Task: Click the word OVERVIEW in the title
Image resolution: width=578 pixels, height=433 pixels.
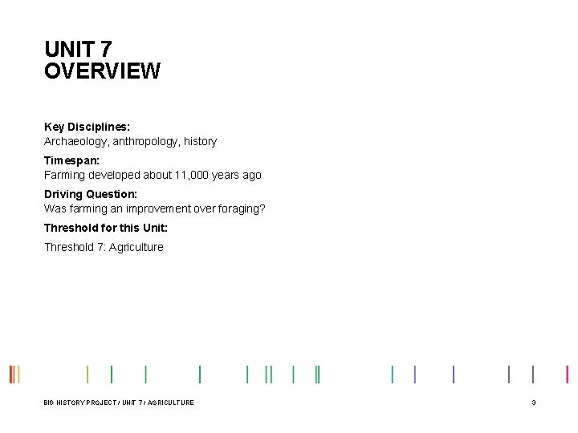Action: (x=102, y=71)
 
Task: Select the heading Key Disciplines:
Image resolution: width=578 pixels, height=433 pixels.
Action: (x=87, y=127)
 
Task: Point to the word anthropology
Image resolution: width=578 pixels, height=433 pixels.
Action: (x=146, y=141)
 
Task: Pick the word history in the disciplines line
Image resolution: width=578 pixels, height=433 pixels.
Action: (x=200, y=141)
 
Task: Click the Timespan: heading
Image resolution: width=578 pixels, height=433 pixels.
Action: (x=71, y=160)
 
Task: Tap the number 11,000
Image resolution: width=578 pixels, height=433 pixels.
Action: (x=191, y=175)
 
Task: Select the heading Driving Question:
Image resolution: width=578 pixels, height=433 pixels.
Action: (x=91, y=194)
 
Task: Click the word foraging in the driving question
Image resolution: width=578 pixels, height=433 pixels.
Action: (x=242, y=208)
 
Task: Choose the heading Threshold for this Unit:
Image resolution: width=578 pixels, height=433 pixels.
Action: (x=106, y=228)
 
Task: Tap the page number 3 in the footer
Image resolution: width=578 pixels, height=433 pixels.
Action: (x=534, y=403)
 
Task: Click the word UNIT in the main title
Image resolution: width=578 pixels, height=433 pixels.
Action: (x=67, y=50)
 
